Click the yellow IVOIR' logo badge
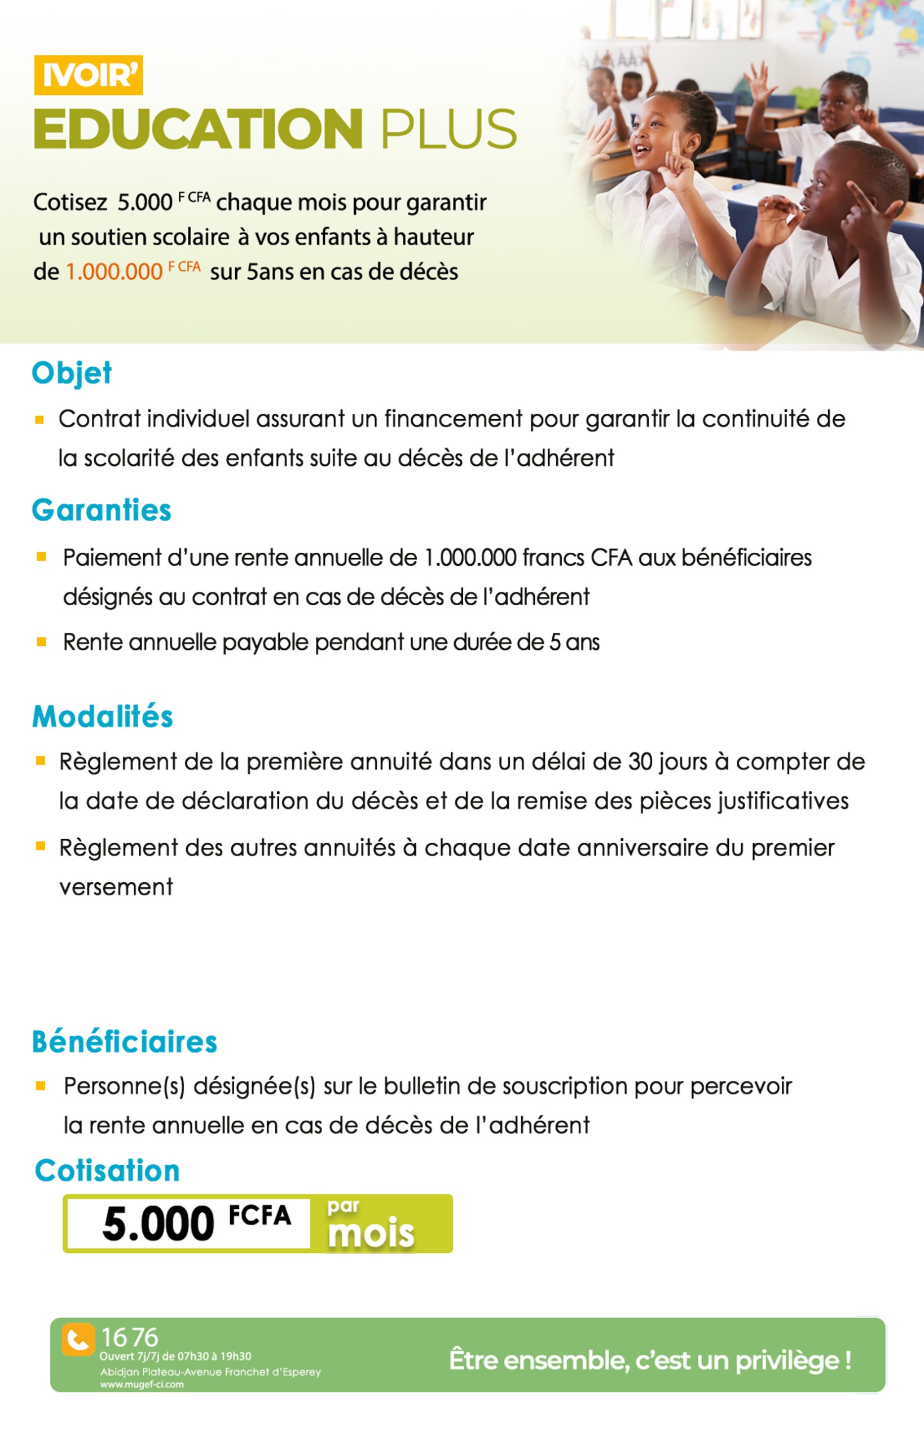(88, 75)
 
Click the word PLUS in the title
(448, 129)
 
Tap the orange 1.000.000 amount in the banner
(114, 272)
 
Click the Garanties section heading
(102, 510)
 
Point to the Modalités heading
(103, 716)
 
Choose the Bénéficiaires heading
(124, 1041)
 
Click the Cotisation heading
(107, 1170)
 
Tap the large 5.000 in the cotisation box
(159, 1225)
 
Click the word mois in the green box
(371, 1234)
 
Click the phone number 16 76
(129, 1337)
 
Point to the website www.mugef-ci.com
(142, 1385)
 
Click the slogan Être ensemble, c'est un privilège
(650, 1360)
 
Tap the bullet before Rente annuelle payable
(41, 642)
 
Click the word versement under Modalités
(116, 887)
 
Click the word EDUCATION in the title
(198, 129)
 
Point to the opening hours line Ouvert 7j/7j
(175, 1356)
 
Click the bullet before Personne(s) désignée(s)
(41, 1085)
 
